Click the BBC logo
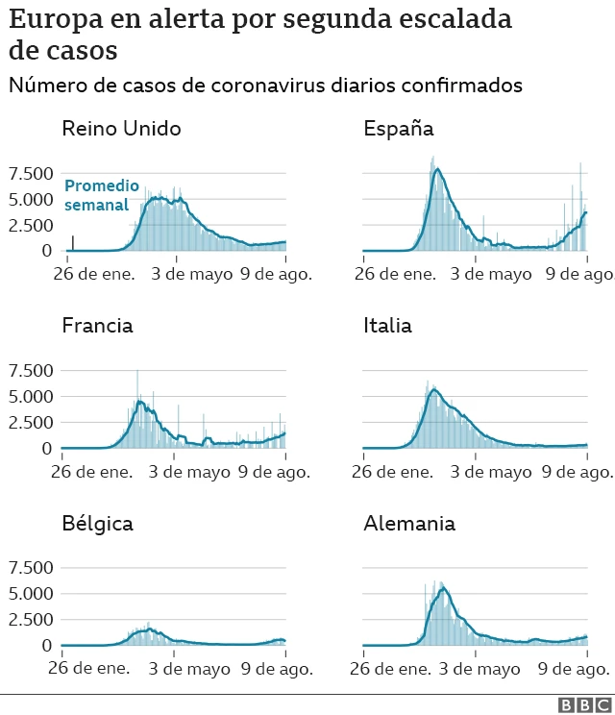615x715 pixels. [579, 705]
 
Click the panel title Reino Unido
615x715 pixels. [121, 129]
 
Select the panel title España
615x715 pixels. [398, 129]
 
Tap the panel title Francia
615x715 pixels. [97, 326]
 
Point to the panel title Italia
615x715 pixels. [387, 326]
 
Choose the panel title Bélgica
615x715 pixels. [97, 524]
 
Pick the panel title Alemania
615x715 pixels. [409, 524]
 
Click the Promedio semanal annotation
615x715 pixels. [101, 195]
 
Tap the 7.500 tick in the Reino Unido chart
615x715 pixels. [31, 174]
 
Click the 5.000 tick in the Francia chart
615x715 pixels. [31, 397]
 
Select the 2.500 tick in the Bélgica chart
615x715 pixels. [31, 620]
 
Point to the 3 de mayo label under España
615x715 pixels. [491, 275]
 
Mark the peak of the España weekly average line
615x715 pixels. [438, 169]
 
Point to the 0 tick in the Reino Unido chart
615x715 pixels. [46, 251]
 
